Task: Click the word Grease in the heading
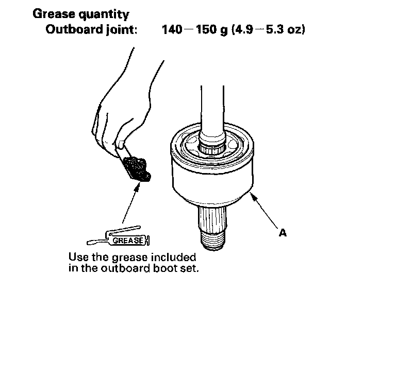click(54, 14)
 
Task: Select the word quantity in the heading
click(104, 15)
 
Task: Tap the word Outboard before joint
click(74, 29)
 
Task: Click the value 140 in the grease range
click(172, 29)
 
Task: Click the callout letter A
click(283, 233)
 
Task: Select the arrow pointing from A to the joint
click(263, 210)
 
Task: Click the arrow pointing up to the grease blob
click(131, 203)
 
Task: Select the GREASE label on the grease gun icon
click(128, 241)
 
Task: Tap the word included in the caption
click(173, 258)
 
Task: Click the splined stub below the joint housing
click(212, 219)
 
